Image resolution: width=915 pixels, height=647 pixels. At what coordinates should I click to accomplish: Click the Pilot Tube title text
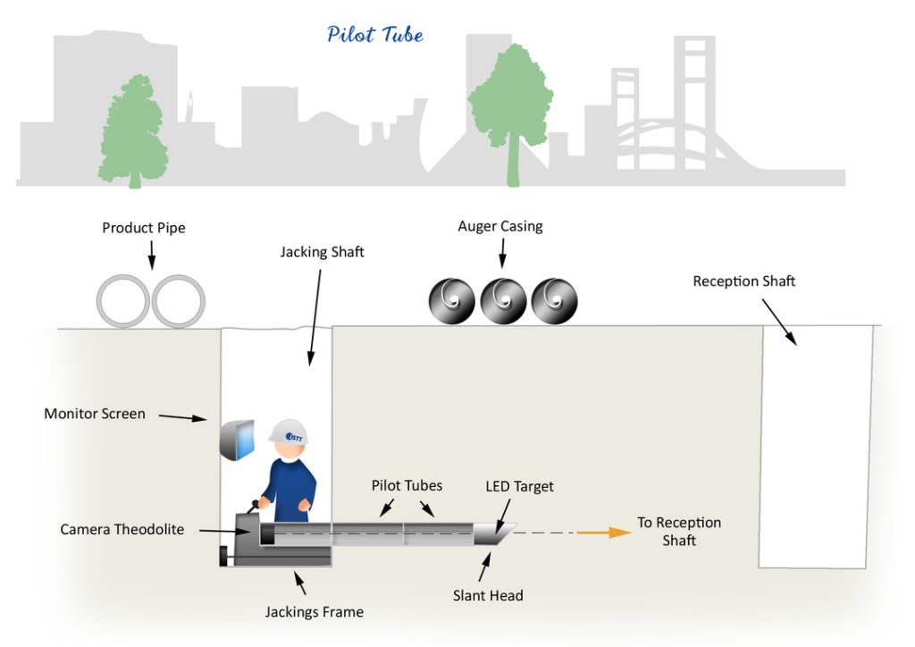374,35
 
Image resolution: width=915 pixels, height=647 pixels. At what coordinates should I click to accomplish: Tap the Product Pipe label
144,228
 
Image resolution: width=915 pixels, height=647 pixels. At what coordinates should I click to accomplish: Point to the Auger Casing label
500,226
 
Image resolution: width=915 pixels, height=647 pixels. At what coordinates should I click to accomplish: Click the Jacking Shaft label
322,252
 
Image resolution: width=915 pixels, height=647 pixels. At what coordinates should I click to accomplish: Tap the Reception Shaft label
743,281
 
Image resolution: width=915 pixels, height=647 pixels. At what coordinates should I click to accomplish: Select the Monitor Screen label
95,414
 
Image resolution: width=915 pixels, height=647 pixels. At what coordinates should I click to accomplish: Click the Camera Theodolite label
122,529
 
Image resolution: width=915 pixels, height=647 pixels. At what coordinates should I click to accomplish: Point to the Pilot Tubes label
407,485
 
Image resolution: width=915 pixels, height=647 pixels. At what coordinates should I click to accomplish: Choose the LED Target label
519,487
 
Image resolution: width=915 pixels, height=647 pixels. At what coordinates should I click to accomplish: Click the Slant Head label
488,595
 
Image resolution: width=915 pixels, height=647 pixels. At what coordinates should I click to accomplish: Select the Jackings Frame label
315,612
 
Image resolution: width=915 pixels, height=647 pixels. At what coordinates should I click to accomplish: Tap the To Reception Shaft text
678,531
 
